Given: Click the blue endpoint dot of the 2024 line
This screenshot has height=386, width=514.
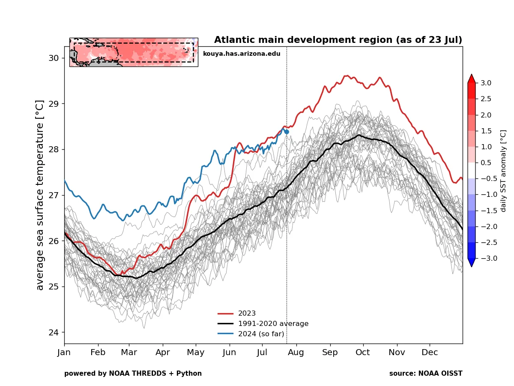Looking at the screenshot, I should [x=287, y=132].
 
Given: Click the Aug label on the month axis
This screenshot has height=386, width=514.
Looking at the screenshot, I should [x=296, y=353].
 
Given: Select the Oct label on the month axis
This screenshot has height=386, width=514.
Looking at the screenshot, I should [x=363, y=353].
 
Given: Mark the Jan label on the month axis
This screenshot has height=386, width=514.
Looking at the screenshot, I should [x=64, y=353].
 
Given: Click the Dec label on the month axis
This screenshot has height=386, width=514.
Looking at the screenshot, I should [x=430, y=353].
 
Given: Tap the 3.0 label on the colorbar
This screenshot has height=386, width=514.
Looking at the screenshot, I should [x=486, y=83].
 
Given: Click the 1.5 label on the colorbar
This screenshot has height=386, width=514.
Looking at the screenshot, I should [x=486, y=131].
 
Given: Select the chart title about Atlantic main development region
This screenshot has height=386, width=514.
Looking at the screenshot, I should [x=338, y=40].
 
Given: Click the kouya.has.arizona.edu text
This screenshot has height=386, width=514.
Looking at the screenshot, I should [x=242, y=54].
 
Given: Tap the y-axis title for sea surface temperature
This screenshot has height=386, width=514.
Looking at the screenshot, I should [x=40, y=195].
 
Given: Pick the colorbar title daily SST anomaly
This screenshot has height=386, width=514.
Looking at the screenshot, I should [x=503, y=171].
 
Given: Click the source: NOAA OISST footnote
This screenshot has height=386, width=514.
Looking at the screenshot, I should [x=426, y=374].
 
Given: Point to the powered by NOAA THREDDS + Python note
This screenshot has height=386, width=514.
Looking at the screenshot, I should [x=133, y=374].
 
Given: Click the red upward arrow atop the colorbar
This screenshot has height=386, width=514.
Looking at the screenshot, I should [x=471, y=78].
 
